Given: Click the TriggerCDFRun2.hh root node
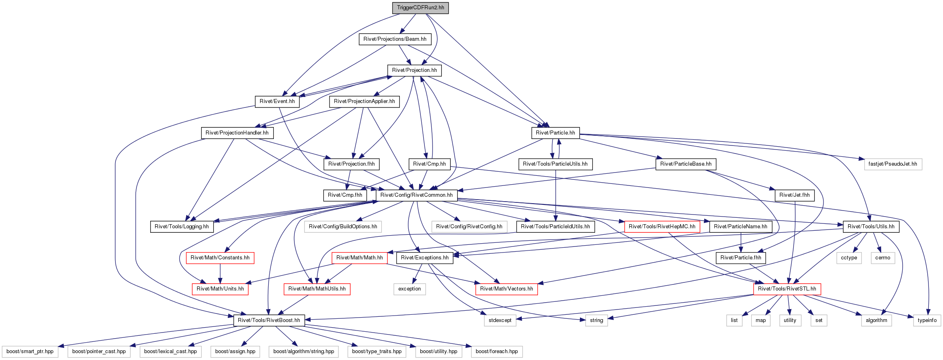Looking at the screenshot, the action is (420, 8).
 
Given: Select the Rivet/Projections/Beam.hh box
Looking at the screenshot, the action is (395, 39).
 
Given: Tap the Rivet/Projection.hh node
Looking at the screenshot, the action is (414, 70).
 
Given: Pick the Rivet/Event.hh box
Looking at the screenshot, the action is (277, 101).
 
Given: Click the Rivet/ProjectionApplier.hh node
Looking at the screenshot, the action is (364, 101).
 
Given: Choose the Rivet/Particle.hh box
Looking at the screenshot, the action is (555, 133).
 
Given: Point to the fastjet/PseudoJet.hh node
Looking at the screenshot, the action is (893, 164).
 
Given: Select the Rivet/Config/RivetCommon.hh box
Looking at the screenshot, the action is (416, 195).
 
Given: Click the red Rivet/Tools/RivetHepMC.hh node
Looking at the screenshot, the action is (662, 227).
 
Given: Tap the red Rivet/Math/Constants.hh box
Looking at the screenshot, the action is (220, 258).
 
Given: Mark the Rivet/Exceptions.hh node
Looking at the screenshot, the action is (425, 258).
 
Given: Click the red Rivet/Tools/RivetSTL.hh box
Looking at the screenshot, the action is (787, 289).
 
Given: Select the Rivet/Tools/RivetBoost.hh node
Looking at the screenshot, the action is (269, 320).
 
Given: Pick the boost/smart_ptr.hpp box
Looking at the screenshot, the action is (30, 352).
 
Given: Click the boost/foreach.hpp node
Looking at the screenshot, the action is (497, 352).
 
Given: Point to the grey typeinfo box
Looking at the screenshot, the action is (927, 320).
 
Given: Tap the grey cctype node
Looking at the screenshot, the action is (849, 258).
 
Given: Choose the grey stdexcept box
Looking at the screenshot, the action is (500, 320).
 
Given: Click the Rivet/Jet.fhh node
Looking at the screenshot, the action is (794, 195).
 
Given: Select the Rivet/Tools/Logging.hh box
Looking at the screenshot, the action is (182, 227).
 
